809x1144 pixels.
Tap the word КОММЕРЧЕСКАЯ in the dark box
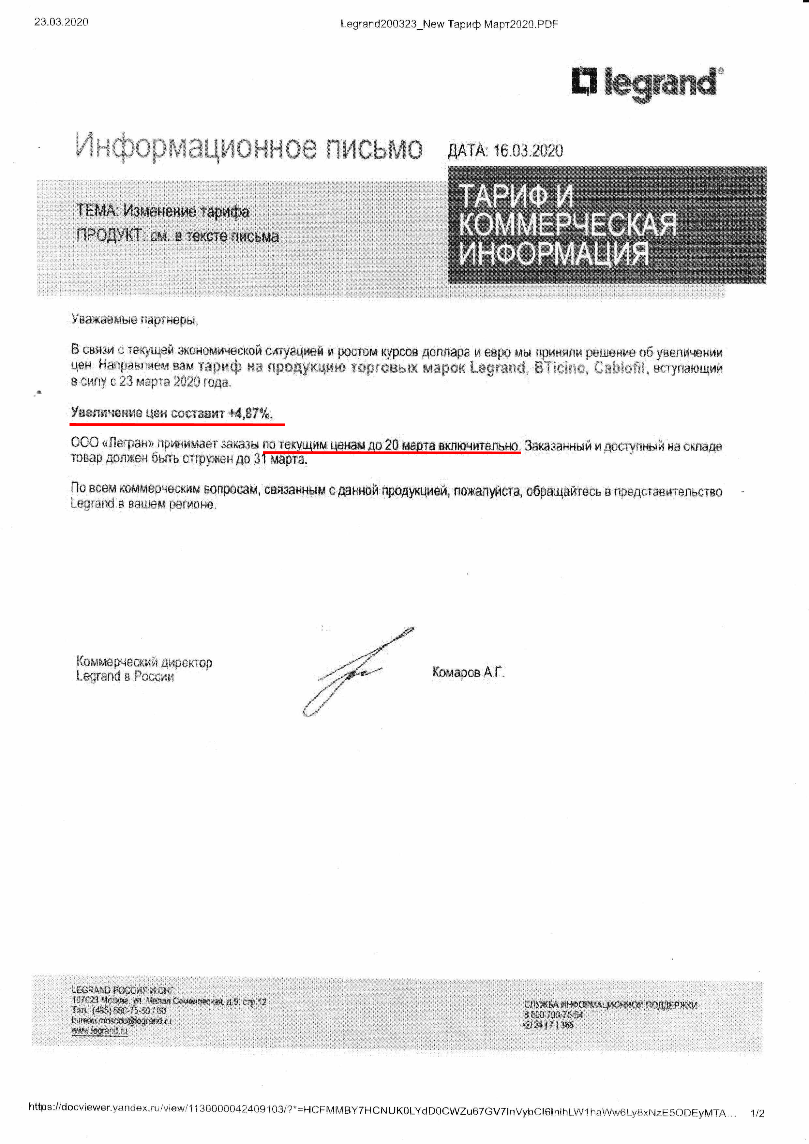coord(567,225)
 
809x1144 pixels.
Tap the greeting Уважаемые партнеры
coord(134,319)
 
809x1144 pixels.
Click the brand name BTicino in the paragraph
coord(562,368)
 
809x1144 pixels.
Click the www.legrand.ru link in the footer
coord(100,1031)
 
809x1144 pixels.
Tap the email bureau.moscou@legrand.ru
coord(122,1020)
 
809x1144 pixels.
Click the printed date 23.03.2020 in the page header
coord(61,22)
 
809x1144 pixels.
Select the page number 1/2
coord(757,1113)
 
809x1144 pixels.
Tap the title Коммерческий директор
coord(144,662)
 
